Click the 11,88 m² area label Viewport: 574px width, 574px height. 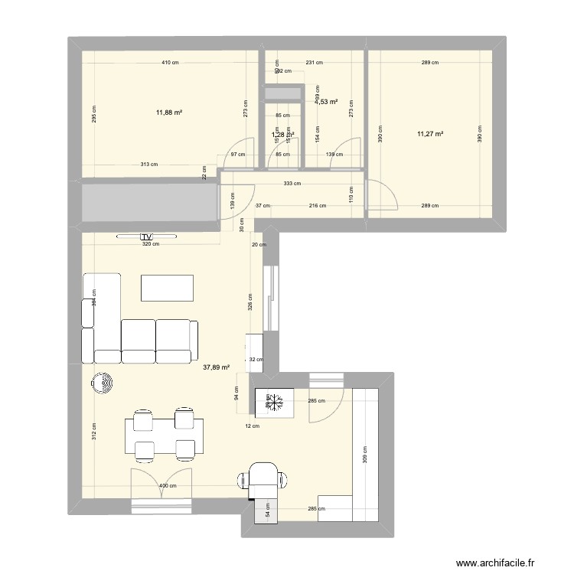168,113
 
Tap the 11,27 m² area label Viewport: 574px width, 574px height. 429,134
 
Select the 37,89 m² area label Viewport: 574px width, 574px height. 215,366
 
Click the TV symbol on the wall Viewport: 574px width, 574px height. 146,236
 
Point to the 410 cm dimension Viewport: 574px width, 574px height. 169,63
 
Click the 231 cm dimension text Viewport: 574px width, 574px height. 314,63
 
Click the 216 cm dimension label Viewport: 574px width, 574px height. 317,205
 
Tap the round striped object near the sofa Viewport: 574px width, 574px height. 102,382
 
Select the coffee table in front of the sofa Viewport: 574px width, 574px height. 167,289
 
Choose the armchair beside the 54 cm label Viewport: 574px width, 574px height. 265,478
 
